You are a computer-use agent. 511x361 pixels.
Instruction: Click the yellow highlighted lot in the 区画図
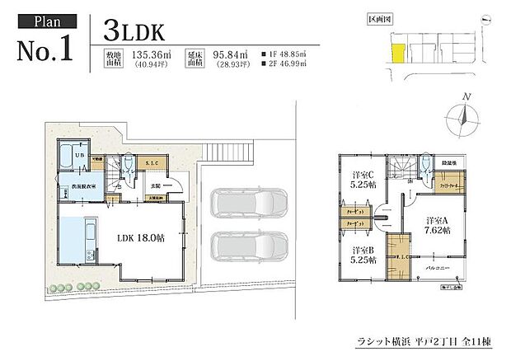(x=396, y=54)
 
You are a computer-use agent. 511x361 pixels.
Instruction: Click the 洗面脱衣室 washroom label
(x=78, y=188)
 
